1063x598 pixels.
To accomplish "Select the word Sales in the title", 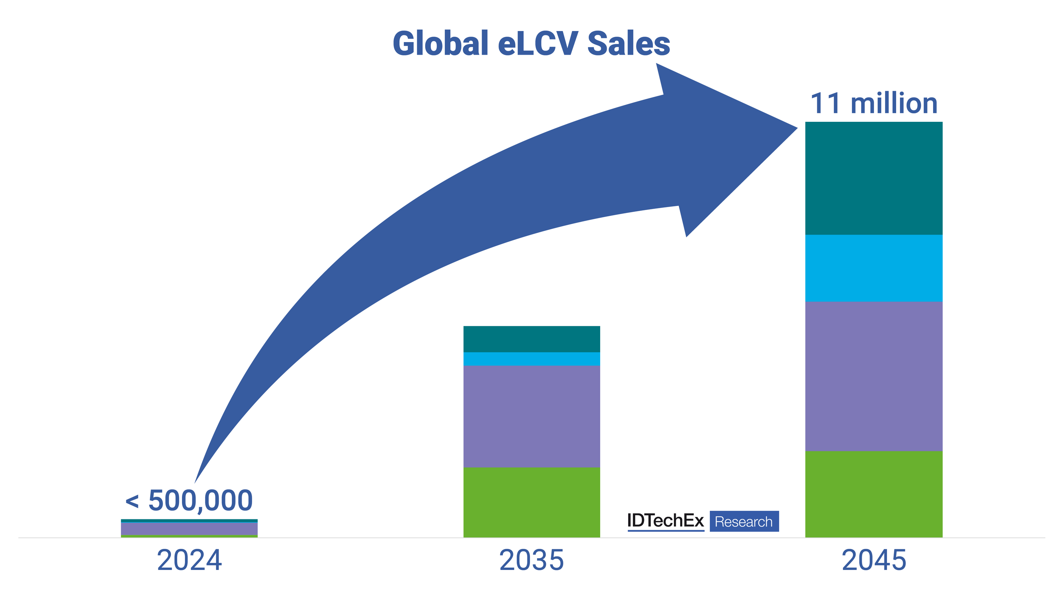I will [x=629, y=44].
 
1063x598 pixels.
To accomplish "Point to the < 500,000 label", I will [x=189, y=501].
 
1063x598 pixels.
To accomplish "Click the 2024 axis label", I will [x=189, y=560].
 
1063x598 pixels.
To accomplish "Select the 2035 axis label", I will [x=531, y=560].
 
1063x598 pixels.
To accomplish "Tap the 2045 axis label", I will [x=874, y=560].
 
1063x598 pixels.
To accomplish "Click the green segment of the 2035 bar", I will [x=531, y=502].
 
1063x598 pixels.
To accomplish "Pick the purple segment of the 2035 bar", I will [x=531, y=416].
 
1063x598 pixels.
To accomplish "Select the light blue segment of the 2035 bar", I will [x=531, y=359].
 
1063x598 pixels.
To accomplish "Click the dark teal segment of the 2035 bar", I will [x=531, y=339].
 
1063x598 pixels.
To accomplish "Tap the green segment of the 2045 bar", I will [x=874, y=494].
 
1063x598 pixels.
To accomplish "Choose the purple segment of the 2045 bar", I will [x=874, y=376].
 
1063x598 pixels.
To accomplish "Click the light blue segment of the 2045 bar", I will [x=874, y=268].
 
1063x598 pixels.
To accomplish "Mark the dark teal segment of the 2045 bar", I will [x=874, y=178].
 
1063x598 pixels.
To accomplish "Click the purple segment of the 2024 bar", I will [x=189, y=529].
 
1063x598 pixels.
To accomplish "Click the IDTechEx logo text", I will [x=665, y=521].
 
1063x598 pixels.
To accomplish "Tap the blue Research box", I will [x=744, y=521].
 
